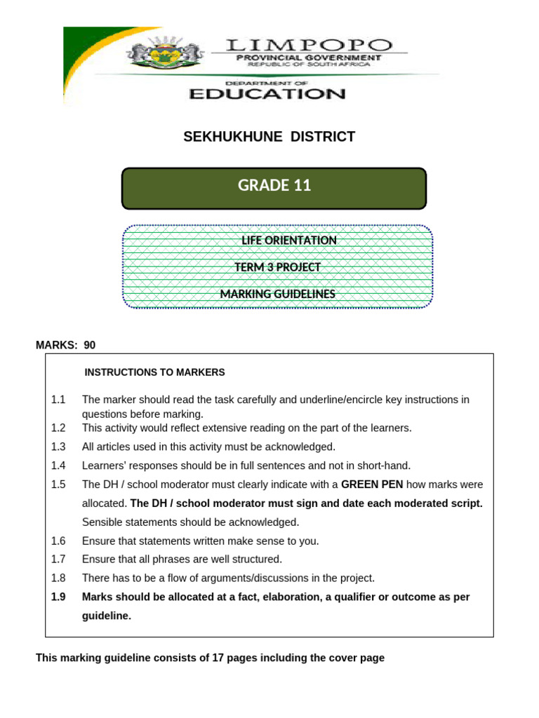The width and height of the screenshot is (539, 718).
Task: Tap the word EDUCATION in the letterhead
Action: (267, 93)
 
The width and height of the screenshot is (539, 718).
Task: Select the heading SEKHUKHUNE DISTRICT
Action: (269, 137)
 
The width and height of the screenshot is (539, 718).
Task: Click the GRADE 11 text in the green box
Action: (274, 185)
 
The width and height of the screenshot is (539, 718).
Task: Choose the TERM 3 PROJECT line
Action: (277, 267)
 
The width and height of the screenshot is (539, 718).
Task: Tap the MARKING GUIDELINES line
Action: (277, 294)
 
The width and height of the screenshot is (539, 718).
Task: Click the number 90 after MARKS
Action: (89, 345)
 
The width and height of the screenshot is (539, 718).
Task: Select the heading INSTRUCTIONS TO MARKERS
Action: (154, 372)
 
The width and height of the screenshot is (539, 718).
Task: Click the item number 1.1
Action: (58, 400)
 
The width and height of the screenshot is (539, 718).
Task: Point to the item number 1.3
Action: (58, 447)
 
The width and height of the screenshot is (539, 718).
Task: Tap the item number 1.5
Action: (58, 485)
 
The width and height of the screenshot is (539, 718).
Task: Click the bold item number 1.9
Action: (58, 597)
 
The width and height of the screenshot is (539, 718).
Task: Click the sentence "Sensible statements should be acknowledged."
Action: (190, 522)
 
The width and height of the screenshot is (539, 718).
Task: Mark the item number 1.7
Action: (58, 560)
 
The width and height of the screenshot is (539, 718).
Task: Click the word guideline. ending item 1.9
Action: (107, 616)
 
